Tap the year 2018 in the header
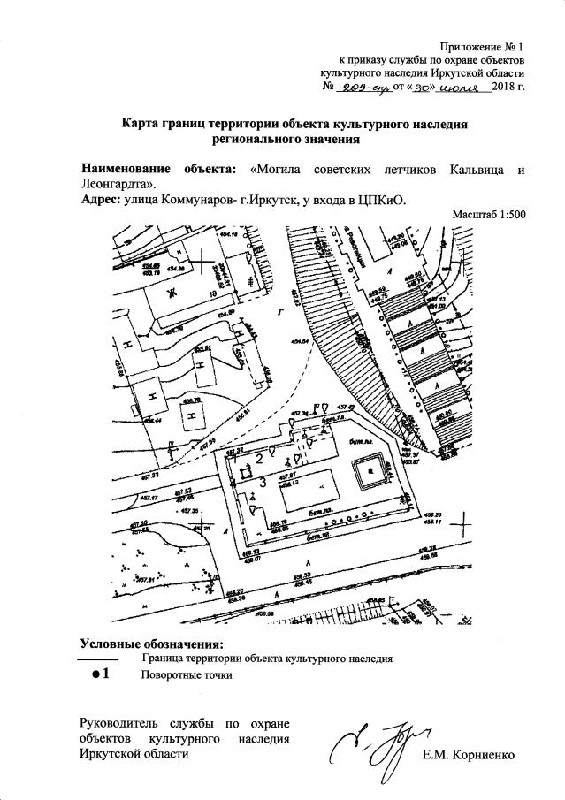pos(505,88)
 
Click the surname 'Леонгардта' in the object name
pos(115,184)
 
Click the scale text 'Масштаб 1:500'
pos(488,214)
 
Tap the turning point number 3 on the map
pos(263,481)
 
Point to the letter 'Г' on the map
pos(279,311)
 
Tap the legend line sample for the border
pos(97,659)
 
